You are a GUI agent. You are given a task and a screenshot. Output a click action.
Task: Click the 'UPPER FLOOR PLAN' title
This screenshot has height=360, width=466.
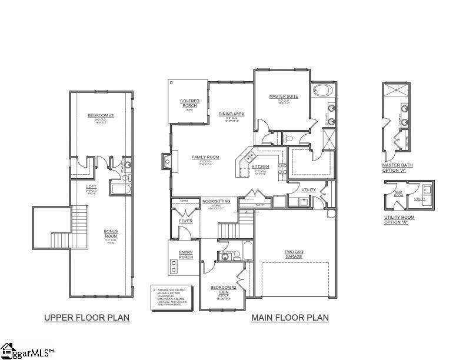tap(86, 318)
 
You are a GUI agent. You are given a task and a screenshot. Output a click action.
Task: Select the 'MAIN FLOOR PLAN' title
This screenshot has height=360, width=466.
tap(290, 318)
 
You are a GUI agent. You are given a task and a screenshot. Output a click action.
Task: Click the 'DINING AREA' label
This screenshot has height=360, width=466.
tap(231, 114)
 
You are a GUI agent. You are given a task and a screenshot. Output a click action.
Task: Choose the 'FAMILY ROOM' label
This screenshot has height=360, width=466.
tap(205, 157)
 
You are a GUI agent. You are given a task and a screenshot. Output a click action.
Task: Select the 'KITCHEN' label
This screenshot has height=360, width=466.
tap(260, 166)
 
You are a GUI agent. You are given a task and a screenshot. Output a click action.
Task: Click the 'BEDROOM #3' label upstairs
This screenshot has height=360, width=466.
tap(100, 115)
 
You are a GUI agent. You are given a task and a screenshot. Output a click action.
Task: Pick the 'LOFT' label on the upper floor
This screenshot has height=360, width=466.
tap(91, 186)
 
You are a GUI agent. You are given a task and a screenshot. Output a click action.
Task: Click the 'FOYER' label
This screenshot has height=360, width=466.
tap(185, 221)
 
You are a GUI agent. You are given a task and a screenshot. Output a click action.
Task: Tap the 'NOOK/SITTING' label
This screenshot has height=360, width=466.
tap(215, 202)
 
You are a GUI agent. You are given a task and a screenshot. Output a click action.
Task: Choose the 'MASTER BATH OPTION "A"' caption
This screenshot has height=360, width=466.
tap(397, 168)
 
